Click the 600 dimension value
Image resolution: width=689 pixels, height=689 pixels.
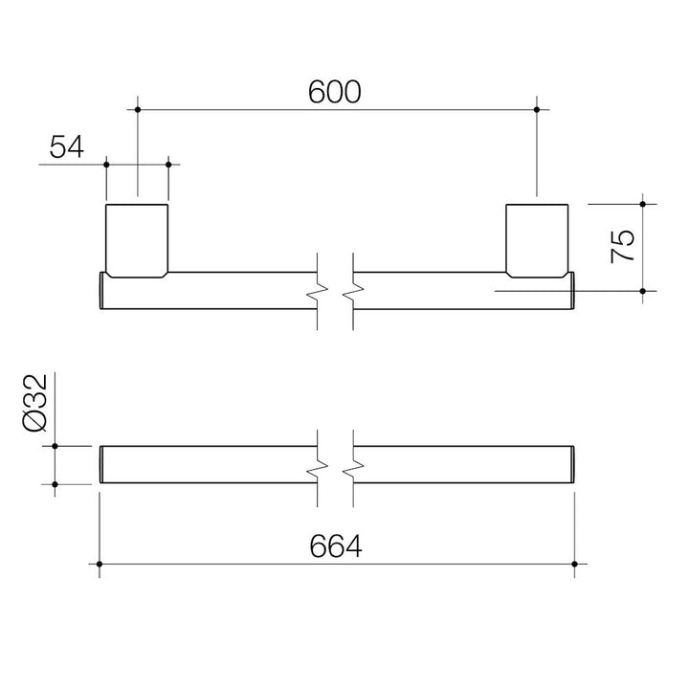(334, 92)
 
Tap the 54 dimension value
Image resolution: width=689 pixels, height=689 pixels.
(66, 146)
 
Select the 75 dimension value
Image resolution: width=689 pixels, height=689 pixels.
(623, 246)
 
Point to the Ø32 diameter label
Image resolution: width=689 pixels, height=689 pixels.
(34, 403)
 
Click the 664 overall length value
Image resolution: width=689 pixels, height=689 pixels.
(336, 546)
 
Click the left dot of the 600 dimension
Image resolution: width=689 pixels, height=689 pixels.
(138, 109)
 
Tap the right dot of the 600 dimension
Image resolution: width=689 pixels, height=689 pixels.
(537, 109)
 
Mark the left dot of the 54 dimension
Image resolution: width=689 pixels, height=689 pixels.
(106, 165)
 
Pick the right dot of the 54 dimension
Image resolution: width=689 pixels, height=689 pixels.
(168, 165)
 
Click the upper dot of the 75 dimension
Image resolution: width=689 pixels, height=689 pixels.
(643, 205)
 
